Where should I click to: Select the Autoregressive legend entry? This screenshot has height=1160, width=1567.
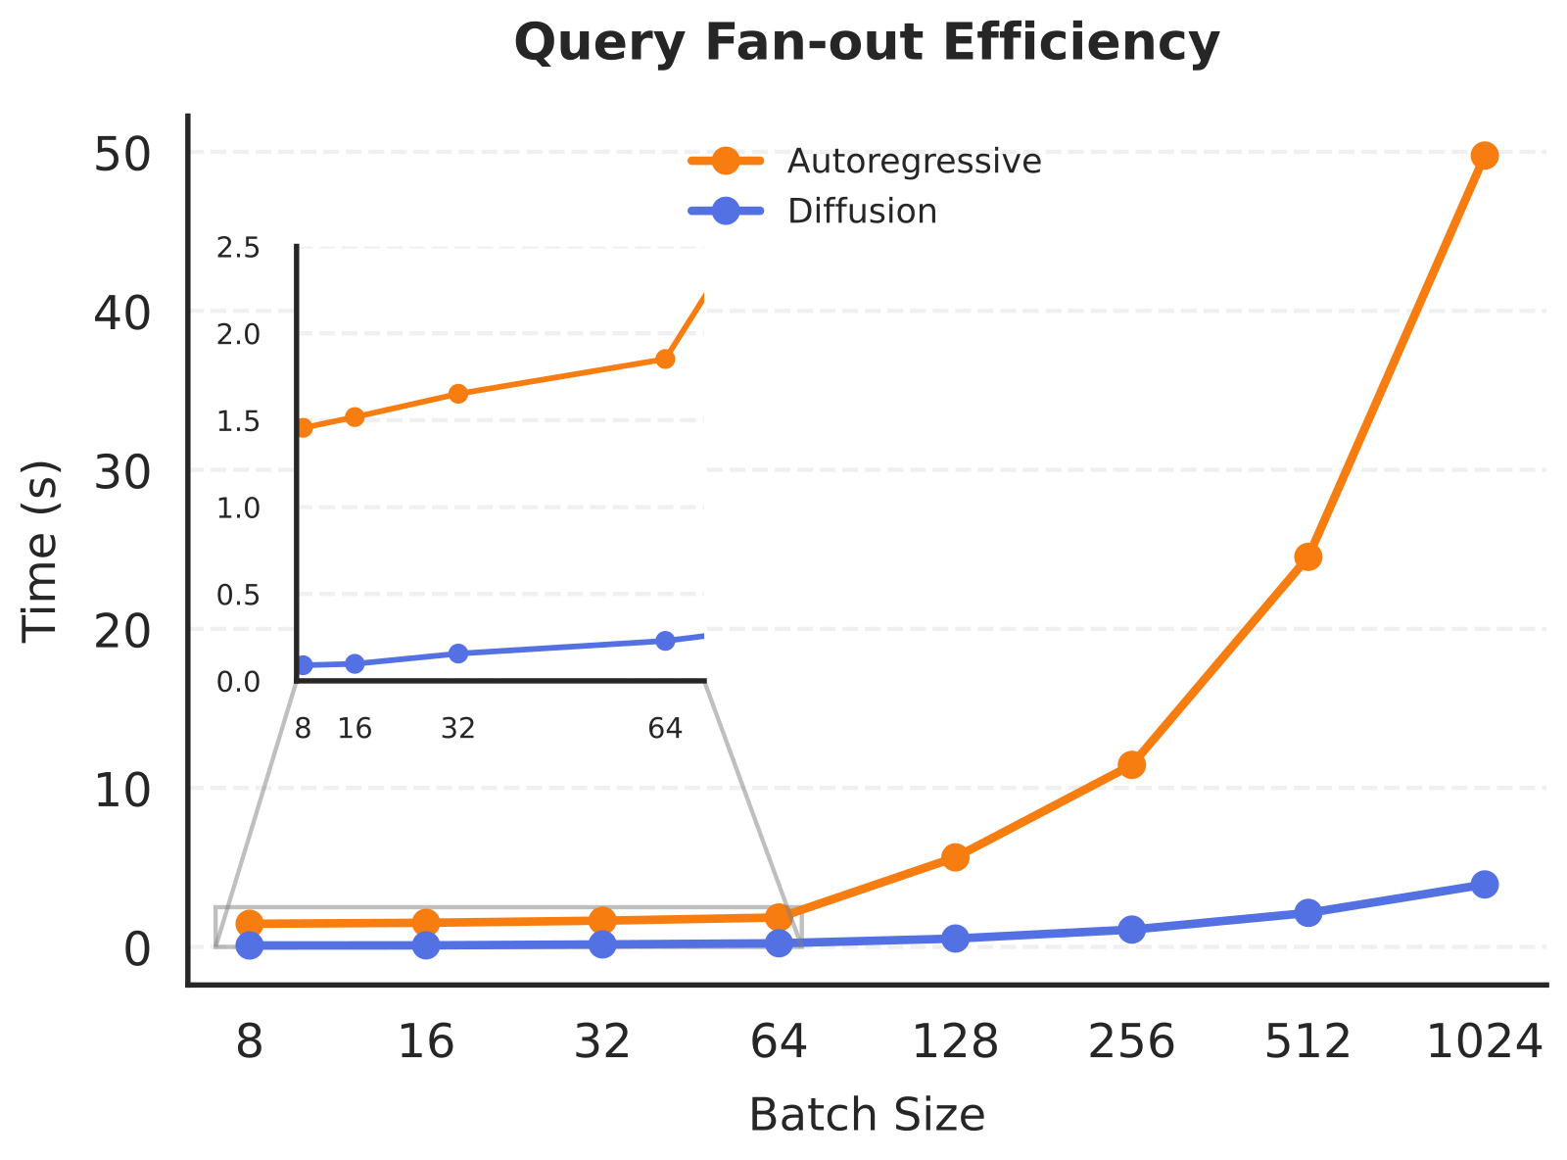tap(865, 162)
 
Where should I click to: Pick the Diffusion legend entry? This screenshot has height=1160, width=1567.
tap(813, 212)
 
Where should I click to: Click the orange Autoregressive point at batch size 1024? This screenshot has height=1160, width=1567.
tap(1484, 156)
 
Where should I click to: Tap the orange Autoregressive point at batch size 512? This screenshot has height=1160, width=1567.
tap(1307, 557)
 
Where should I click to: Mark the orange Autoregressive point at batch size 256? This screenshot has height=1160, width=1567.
tap(1131, 765)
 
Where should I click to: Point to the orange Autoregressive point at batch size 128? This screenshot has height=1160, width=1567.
tap(955, 857)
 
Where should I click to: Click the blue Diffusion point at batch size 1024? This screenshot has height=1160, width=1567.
tap(1484, 885)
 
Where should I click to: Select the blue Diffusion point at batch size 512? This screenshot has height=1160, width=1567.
tap(1307, 912)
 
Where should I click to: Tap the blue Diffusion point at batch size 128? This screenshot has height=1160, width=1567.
tap(955, 938)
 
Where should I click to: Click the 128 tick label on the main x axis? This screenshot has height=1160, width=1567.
tap(955, 1042)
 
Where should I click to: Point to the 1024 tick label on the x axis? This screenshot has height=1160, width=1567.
tap(1484, 1042)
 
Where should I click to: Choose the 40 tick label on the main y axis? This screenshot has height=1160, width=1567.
tap(122, 314)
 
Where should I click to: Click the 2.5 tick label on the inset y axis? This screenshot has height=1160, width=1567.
tap(238, 248)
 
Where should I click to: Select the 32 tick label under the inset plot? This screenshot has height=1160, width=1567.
tap(457, 728)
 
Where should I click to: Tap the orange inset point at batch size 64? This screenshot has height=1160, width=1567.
tap(665, 360)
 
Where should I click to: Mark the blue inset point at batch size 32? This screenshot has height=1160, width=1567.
tap(457, 653)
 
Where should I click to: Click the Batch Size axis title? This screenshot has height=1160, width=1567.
tap(866, 1116)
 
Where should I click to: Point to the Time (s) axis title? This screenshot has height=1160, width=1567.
tap(39, 552)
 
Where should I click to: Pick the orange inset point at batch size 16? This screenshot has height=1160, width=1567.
tap(355, 417)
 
